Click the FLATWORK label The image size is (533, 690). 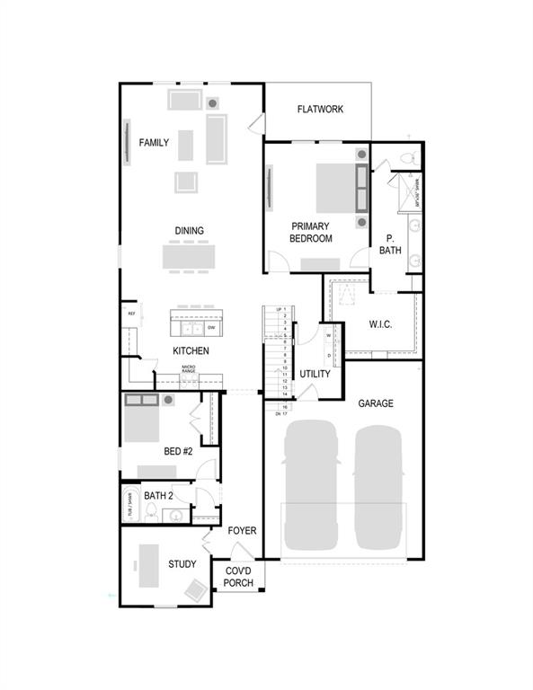[x=321, y=110]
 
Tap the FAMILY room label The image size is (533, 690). [x=153, y=142]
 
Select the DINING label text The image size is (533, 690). [x=189, y=231]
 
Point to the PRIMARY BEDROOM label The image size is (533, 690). [x=311, y=233]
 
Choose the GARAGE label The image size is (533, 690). [x=375, y=403]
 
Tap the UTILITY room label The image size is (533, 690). [x=315, y=374]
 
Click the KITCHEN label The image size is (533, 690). [x=191, y=350]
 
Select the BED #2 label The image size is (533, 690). [x=178, y=452]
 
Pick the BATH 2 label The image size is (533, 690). [x=158, y=495]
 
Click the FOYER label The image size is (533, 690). [x=242, y=531]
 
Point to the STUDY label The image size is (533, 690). [x=182, y=564]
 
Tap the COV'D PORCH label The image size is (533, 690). [x=239, y=577]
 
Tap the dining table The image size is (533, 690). [x=189, y=258]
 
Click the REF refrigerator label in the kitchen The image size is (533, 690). [x=131, y=314]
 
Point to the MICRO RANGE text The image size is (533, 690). [x=189, y=369]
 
